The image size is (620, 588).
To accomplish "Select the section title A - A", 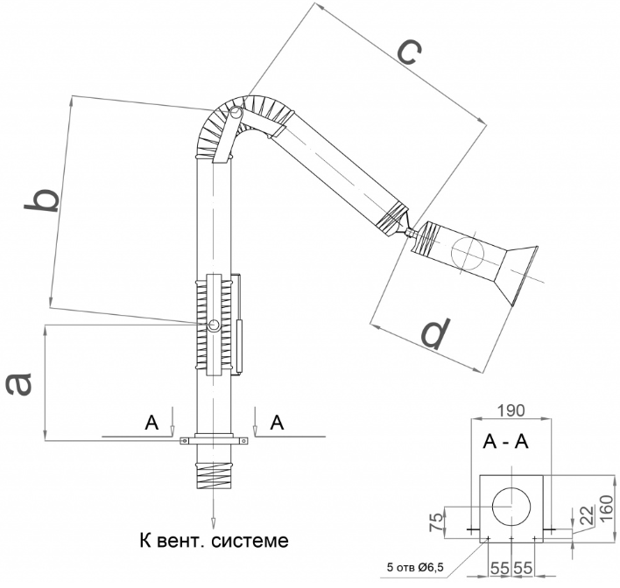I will point(505,444).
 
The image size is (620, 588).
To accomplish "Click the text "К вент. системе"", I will point(214,539).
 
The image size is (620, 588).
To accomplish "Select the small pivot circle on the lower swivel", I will point(215,325).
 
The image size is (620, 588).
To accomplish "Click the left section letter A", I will point(151,423).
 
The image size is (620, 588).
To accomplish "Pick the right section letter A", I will point(278,423).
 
